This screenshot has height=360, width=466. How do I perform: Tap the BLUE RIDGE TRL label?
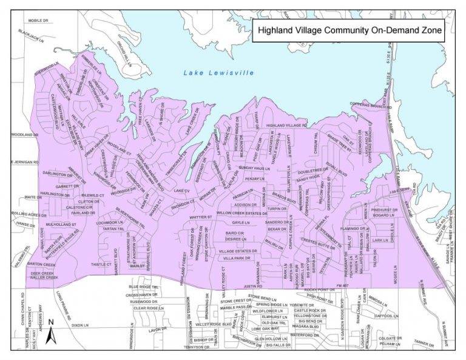[x=143, y=287]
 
